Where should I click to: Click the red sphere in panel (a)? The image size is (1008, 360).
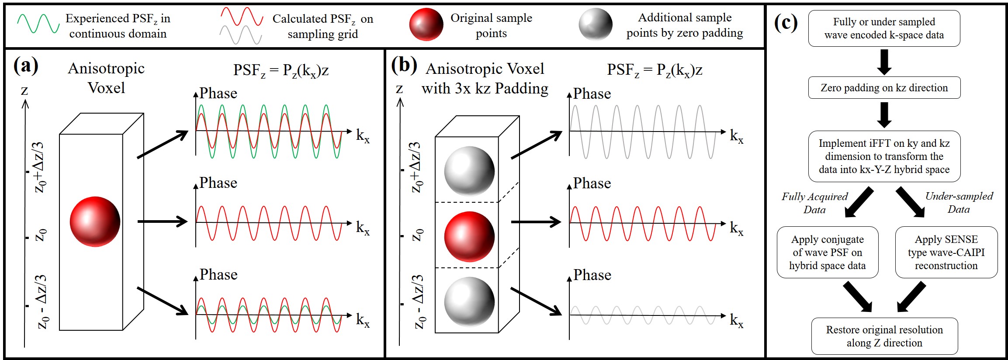click(95, 222)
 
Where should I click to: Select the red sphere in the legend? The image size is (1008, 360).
click(426, 24)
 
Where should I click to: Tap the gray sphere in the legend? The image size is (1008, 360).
click(595, 24)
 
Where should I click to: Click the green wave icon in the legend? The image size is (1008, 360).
click(38, 24)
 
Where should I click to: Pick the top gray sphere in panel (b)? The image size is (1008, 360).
click(469, 171)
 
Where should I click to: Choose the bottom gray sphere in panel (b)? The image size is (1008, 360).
click(469, 301)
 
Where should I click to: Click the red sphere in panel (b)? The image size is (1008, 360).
click(469, 236)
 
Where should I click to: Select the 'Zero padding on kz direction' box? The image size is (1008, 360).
click(884, 88)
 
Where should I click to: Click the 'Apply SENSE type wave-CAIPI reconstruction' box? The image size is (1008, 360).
click(946, 252)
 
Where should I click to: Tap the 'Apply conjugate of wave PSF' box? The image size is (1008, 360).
click(827, 252)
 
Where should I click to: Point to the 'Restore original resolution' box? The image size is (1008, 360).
click(884, 336)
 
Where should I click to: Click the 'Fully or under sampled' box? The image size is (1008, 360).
click(884, 28)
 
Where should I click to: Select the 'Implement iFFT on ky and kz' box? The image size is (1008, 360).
click(884, 156)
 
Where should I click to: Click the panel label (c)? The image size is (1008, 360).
click(786, 23)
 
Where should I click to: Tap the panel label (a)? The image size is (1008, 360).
click(26, 66)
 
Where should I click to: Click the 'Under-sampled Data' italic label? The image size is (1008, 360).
click(959, 203)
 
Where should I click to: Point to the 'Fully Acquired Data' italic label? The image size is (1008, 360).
click(814, 203)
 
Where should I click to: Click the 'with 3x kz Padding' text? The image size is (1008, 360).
click(485, 89)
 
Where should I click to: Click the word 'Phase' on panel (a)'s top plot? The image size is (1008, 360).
click(218, 93)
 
